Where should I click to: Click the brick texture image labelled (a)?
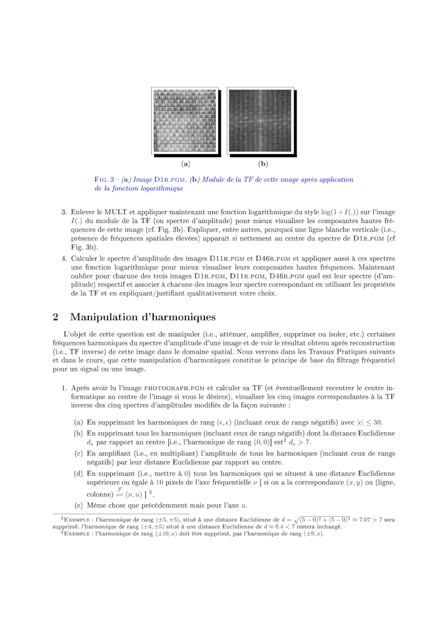pyautogui.click(x=184, y=121)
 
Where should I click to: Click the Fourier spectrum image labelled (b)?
pyautogui.click(x=260, y=121)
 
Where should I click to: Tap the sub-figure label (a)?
pyautogui.click(x=185, y=164)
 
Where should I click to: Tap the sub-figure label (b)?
pyautogui.click(x=263, y=164)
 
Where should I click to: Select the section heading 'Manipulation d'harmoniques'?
pyautogui.click(x=142, y=317)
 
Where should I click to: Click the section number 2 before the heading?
pyautogui.click(x=55, y=317)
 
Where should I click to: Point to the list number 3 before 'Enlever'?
pyautogui.click(x=64, y=212)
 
